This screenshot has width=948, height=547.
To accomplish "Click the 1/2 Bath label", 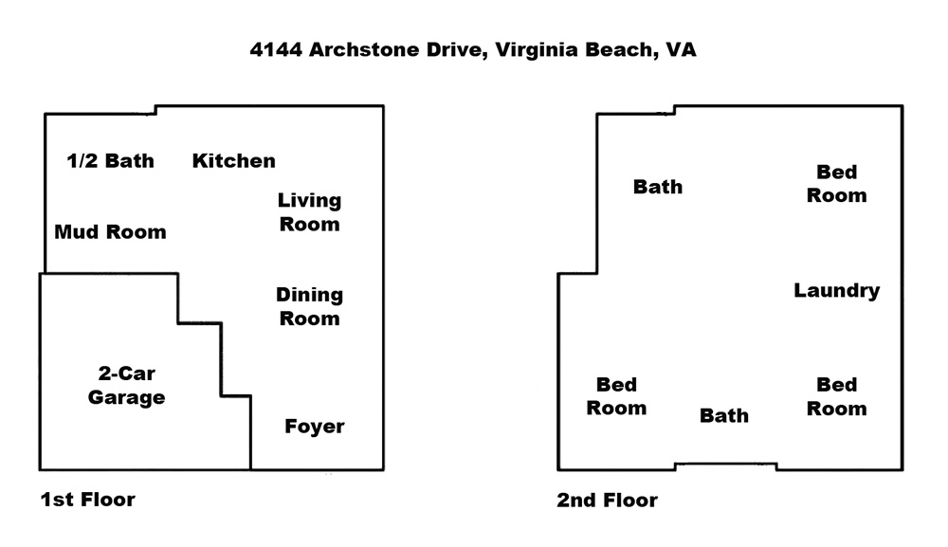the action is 111,161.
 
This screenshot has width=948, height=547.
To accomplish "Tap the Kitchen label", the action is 234,161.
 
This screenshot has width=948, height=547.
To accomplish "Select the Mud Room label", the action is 110,232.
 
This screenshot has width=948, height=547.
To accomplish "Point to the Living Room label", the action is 310,212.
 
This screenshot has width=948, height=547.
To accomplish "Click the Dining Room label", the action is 310,306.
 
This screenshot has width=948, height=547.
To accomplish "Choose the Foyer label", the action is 315,427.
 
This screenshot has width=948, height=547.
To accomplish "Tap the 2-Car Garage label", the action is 126,386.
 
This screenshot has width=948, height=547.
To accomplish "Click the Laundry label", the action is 837,291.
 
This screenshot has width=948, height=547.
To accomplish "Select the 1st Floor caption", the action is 87,500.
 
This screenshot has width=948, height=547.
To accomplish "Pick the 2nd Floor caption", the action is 607,501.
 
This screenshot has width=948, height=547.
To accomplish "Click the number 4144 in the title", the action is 276,49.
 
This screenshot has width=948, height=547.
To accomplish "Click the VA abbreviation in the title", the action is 681,49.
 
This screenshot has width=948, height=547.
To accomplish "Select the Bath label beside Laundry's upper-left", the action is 658,187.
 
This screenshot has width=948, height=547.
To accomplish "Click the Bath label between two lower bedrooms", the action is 724,416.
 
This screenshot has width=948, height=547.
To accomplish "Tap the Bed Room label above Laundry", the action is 837,184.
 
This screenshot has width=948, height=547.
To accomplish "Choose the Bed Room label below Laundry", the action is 837,396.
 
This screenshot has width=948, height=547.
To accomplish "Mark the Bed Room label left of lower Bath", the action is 617,396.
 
